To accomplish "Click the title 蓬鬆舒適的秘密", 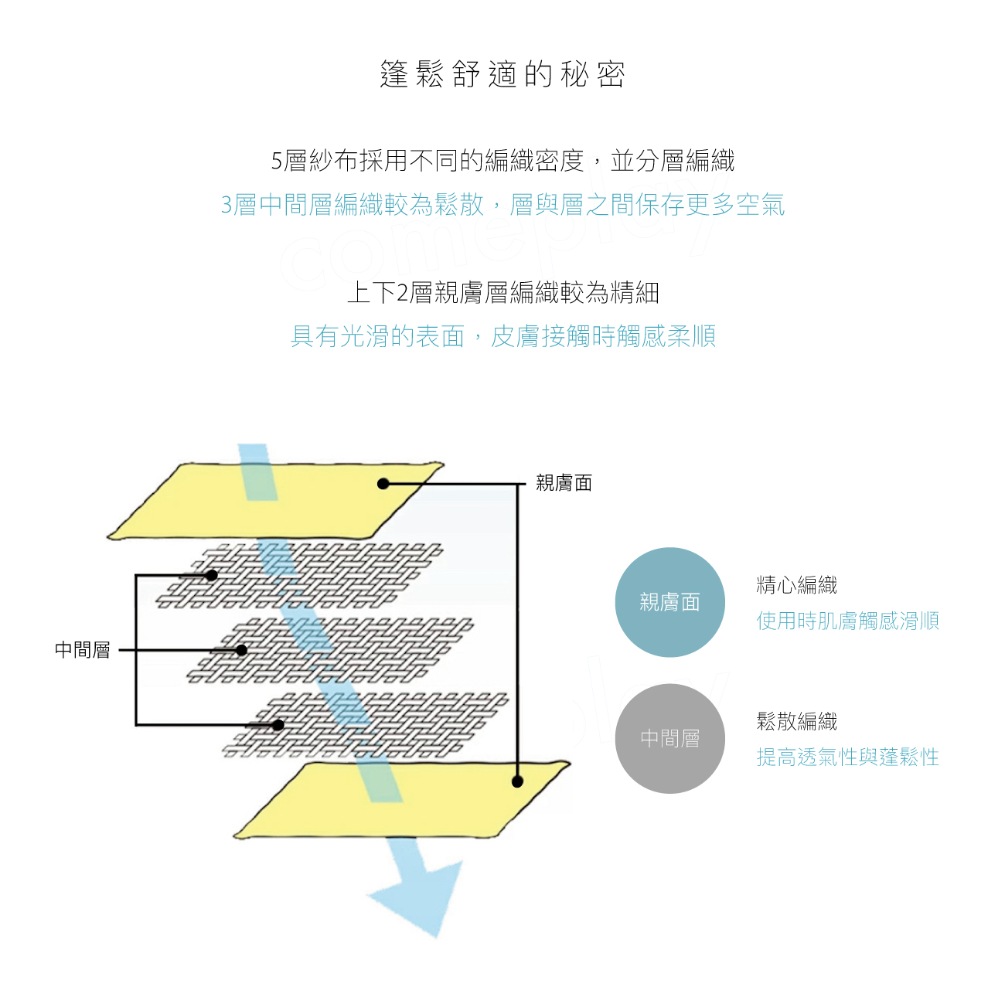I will (x=502, y=74).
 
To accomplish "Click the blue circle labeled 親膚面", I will (x=669, y=602).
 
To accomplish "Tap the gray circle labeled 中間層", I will (x=669, y=738).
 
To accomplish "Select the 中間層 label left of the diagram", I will (x=83, y=650).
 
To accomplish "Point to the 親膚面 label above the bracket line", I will (x=564, y=483).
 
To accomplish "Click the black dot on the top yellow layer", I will (x=383, y=484).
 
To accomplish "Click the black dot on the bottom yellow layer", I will (x=517, y=781).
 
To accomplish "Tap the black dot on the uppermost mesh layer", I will (x=212, y=575).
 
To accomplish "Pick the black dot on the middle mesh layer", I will (x=241, y=650).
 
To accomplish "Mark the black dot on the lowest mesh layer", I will (x=278, y=725).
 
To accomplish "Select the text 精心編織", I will (x=796, y=585).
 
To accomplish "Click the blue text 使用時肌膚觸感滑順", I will (x=847, y=621).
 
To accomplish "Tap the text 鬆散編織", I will (x=796, y=721).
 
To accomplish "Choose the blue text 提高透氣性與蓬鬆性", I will (x=847, y=757).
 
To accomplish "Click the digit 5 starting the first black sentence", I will (x=277, y=161).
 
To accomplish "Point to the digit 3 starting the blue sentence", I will (x=227, y=205).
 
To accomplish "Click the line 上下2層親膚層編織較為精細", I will (x=502, y=292).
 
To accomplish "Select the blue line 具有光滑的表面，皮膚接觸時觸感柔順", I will (x=502, y=336).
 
